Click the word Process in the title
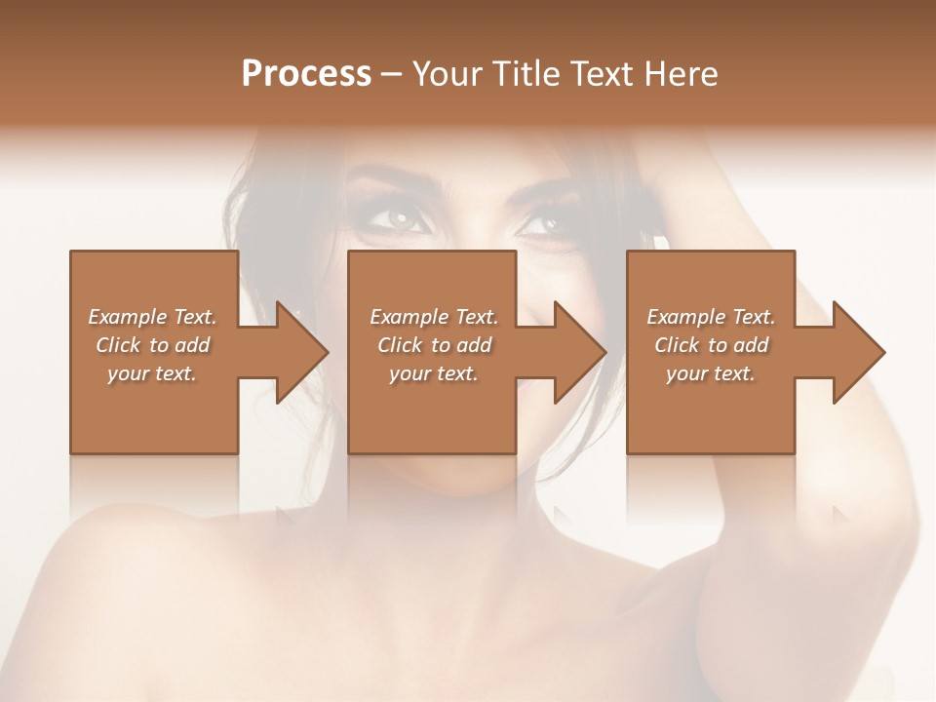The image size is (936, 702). click(306, 74)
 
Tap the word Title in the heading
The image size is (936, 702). click(524, 74)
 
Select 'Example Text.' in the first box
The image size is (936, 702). click(152, 317)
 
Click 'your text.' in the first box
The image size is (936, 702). click(152, 373)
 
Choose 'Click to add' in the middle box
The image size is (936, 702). click(434, 345)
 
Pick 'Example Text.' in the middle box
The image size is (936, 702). click(434, 317)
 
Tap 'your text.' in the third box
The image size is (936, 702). click(711, 373)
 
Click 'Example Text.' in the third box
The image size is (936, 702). click(711, 317)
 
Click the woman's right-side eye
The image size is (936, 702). click(542, 223)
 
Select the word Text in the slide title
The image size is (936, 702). click(604, 74)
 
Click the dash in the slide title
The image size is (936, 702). click(392, 74)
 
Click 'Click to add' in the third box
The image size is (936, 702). click(711, 345)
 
